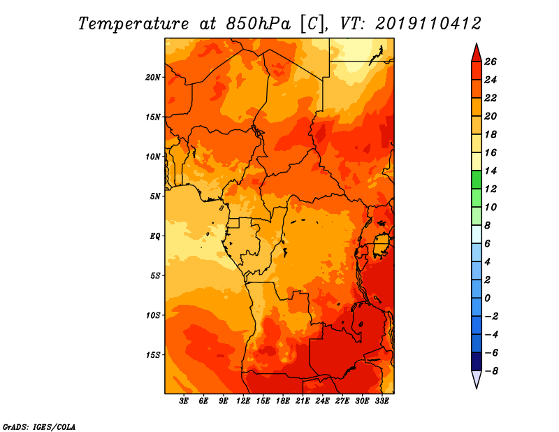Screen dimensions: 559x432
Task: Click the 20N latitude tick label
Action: [152, 78]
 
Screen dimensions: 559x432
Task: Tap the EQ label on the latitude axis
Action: [154, 236]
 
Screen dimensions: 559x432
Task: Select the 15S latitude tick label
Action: [152, 355]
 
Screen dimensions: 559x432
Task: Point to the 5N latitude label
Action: [154, 196]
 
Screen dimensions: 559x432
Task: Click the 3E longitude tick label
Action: [184, 401]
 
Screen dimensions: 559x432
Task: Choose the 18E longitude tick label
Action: [283, 401]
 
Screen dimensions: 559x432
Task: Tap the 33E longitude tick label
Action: [382, 401]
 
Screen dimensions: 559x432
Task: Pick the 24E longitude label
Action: [322, 401]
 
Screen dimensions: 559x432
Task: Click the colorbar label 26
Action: [491, 62]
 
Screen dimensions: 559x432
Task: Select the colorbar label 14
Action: [491, 171]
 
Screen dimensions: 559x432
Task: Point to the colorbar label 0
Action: [488, 298]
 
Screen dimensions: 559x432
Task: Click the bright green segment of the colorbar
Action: [477, 180]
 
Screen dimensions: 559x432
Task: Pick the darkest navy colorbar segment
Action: [477, 361]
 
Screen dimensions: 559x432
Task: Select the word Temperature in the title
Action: [133, 24]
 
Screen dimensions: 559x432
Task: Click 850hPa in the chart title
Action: [258, 24]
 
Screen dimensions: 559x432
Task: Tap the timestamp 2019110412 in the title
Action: [428, 24]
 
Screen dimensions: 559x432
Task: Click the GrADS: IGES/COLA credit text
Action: [39, 426]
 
